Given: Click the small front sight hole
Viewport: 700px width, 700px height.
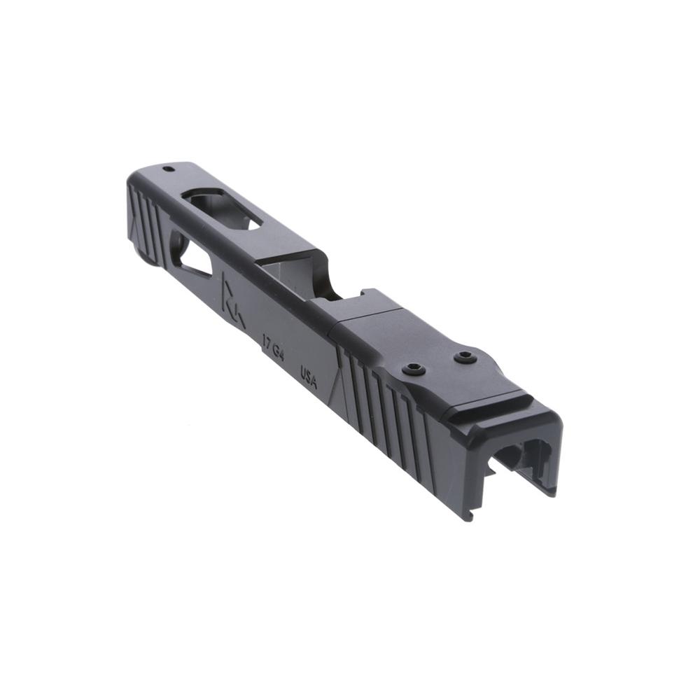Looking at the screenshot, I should (x=168, y=169).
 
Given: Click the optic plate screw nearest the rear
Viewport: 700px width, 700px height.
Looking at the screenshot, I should (x=465, y=358).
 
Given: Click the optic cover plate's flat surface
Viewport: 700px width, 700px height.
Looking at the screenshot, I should (x=392, y=336).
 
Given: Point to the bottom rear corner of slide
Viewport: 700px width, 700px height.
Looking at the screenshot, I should (x=468, y=517).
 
